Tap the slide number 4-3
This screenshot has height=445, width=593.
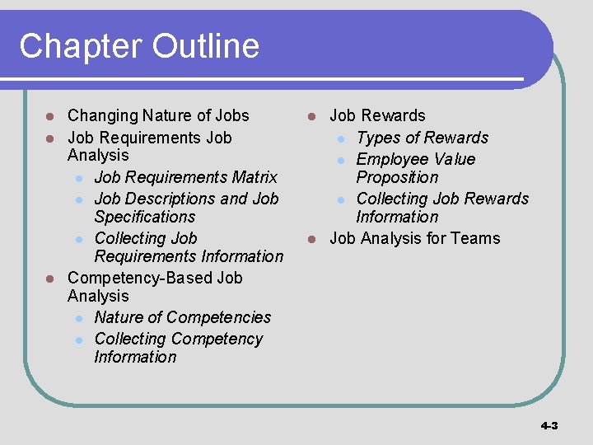tap(549, 425)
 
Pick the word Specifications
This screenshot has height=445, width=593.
tap(144, 217)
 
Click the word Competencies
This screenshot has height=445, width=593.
tap(223, 317)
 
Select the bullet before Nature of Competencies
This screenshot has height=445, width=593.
tap(77, 318)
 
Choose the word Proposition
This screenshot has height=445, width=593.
tap(397, 177)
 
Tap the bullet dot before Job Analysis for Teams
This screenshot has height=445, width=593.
tap(312, 239)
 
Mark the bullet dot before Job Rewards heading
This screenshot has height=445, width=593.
tap(312, 116)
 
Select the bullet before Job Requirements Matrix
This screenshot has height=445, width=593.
tap(77, 178)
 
